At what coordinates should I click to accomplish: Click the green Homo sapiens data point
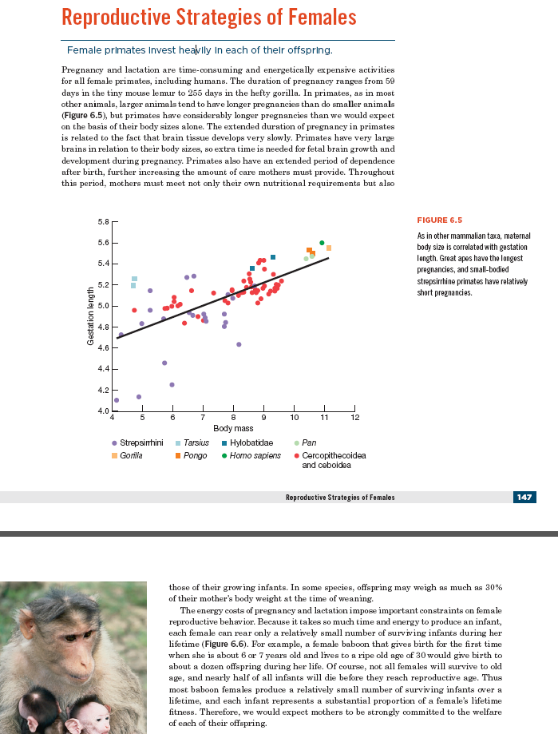pyautogui.click(x=322, y=243)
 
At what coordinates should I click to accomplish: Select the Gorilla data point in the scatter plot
pyautogui.click(x=329, y=248)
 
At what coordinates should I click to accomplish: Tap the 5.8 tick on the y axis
pyautogui.click(x=103, y=221)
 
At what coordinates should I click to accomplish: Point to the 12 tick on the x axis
pyautogui.click(x=355, y=418)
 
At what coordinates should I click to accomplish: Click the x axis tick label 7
pyautogui.click(x=203, y=418)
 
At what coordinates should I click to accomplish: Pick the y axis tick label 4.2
pyautogui.click(x=103, y=390)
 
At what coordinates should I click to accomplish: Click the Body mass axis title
pyautogui.click(x=233, y=429)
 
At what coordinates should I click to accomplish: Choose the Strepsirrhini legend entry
pyautogui.click(x=140, y=442)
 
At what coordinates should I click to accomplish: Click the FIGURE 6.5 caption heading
pyautogui.click(x=439, y=220)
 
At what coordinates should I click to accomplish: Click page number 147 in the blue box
pyautogui.click(x=524, y=497)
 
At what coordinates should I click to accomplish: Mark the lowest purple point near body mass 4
pyautogui.click(x=117, y=400)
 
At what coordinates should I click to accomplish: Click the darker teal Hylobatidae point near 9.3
pyautogui.click(x=273, y=257)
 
